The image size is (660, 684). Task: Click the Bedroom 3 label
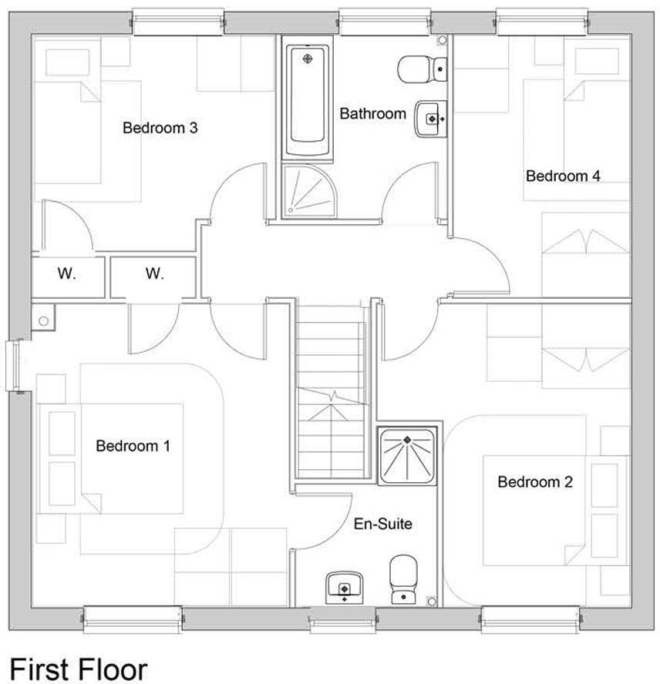[160, 128]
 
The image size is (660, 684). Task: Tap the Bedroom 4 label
[563, 176]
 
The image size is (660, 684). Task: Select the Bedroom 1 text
[133, 446]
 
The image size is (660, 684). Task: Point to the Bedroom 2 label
[535, 482]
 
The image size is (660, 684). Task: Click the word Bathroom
[373, 114]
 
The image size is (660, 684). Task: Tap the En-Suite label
[383, 525]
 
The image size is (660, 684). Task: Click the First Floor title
[78, 667]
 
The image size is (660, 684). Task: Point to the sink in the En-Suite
[344, 586]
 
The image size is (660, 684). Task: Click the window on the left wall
[13, 366]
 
